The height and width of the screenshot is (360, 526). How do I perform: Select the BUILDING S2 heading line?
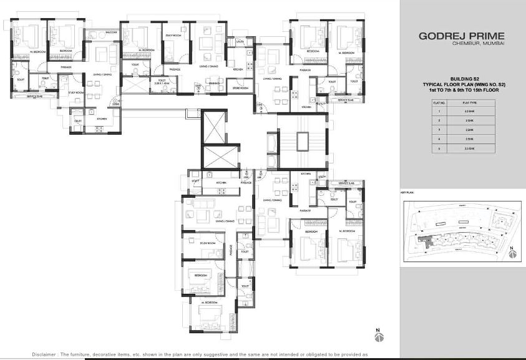point(462,79)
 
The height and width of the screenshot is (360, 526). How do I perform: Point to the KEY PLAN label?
point(407,193)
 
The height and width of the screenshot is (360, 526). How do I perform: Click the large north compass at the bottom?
point(378,336)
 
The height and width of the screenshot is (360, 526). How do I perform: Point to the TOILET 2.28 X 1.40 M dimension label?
point(162,81)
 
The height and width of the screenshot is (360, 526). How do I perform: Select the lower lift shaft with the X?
point(218,155)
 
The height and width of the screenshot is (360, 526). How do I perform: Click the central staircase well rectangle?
point(302,141)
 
